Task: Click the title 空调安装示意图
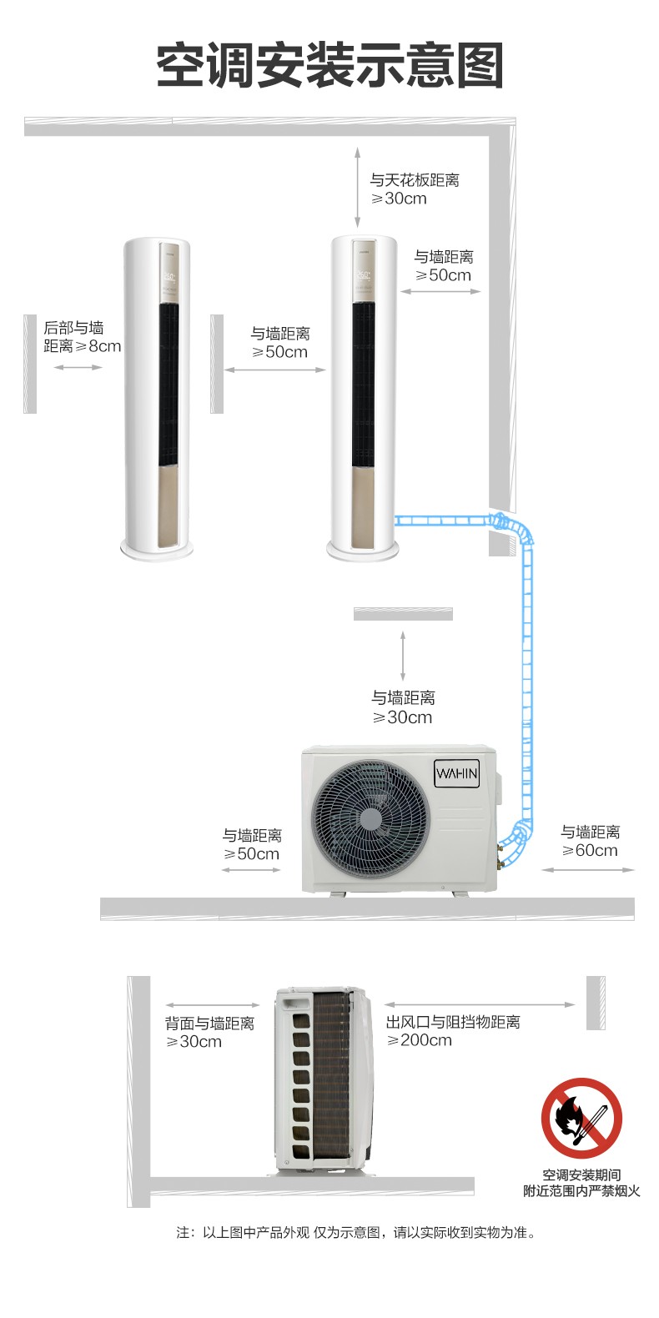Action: pyautogui.click(x=329, y=65)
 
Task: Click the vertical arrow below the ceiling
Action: pyautogui.click(x=357, y=188)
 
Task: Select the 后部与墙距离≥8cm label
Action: pyautogui.click(x=82, y=336)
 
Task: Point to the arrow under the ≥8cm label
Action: pyautogui.click(x=78, y=368)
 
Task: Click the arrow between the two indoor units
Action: pyautogui.click(x=274, y=370)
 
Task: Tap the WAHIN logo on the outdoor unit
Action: pyautogui.click(x=456, y=773)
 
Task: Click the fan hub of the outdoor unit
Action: pyautogui.click(x=370, y=818)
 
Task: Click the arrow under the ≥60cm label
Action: pyautogui.click(x=588, y=870)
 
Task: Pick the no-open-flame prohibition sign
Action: pyautogui.click(x=581, y=1118)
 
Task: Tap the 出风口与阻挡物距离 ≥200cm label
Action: pyautogui.click(x=453, y=1031)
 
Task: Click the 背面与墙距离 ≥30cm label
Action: pyautogui.click(x=209, y=1032)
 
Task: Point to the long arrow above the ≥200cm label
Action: pyautogui.click(x=480, y=1005)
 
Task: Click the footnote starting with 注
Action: pyautogui.click(x=356, y=1232)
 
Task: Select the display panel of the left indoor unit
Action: pyautogui.click(x=169, y=274)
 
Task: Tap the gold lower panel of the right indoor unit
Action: pyautogui.click(x=362, y=506)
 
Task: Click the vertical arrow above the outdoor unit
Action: pyautogui.click(x=403, y=656)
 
